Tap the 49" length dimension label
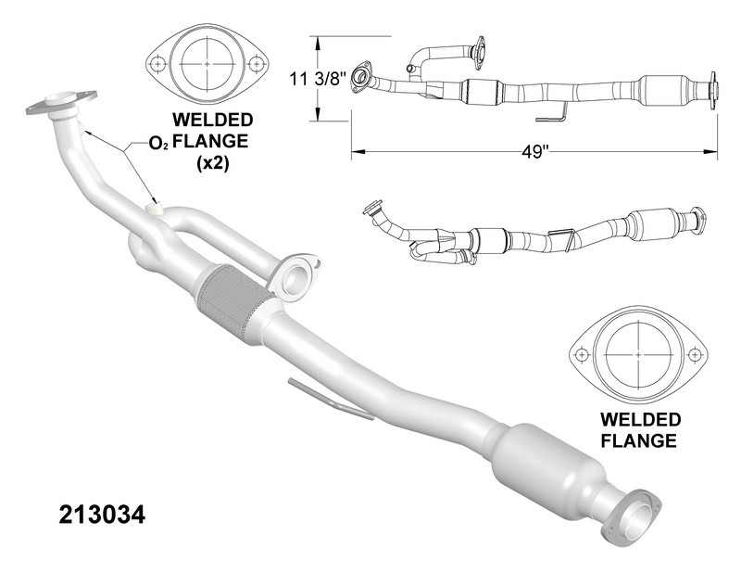pos(534,154)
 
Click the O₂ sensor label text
pos(158,144)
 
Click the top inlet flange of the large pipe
pos(62,102)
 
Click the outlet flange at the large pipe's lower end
pos(636,514)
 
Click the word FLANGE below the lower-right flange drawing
pos(639,440)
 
